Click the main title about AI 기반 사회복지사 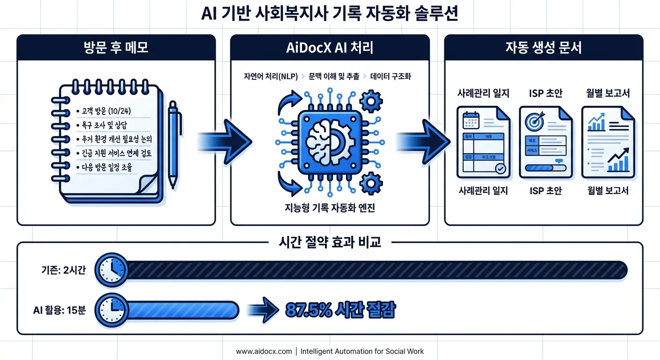coord(330,14)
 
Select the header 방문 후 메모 coord(116,48)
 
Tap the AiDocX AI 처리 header coord(330,48)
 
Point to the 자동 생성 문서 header coord(543,48)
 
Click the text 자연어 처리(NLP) coord(270,76)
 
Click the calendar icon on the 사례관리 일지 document coord(470,120)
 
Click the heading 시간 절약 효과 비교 coord(330,242)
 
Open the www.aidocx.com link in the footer coord(263,351)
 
